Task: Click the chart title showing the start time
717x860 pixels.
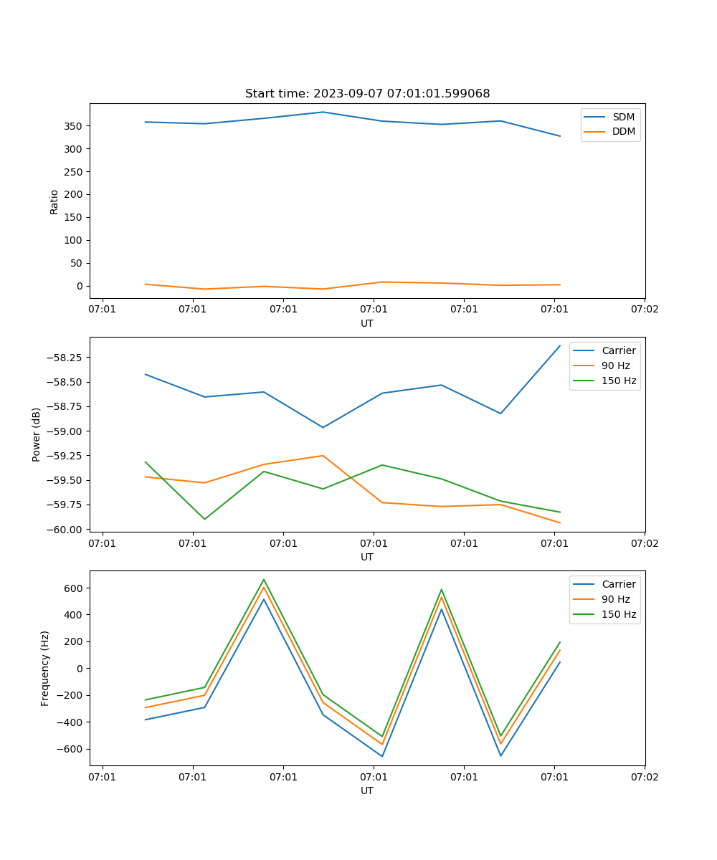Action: [x=367, y=94]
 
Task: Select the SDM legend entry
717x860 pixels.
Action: [x=622, y=117]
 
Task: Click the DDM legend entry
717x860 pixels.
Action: [x=622, y=131]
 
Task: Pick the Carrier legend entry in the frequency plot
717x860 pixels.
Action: [x=618, y=584]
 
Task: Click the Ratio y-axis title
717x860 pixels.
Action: [x=54, y=201]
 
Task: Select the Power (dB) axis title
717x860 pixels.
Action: [x=37, y=434]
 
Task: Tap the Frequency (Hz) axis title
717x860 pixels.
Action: [x=45, y=668]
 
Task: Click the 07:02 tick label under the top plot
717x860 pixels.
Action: [x=644, y=310]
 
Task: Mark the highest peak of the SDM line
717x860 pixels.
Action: [x=323, y=112]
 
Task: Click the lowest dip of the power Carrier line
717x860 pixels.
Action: [x=323, y=427]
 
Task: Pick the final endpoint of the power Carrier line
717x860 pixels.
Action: [x=560, y=345]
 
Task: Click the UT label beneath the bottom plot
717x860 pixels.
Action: [x=367, y=790]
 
